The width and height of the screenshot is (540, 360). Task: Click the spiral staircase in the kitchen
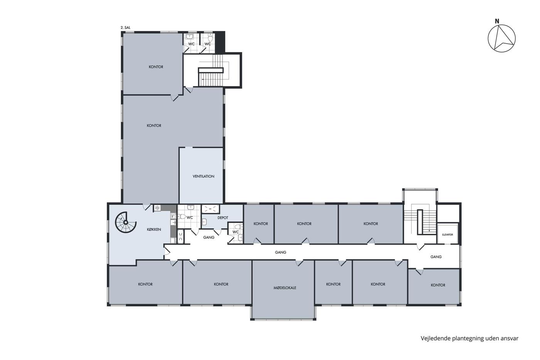[x=125, y=222]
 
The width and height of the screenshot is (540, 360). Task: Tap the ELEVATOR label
[x=448, y=235]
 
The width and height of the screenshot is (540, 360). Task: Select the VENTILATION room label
[x=204, y=176]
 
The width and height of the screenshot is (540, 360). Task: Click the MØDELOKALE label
[x=285, y=288]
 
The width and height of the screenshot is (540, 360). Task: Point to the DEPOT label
[x=223, y=218]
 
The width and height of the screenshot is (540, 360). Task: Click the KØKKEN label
[x=154, y=229]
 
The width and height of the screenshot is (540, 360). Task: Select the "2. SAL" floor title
[x=125, y=28]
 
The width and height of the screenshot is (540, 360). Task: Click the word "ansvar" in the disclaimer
[x=510, y=338]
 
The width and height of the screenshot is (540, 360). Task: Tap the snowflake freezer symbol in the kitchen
[x=157, y=208]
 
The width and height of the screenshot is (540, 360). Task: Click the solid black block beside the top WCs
[x=220, y=42]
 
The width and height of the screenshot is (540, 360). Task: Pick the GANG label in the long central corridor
[x=280, y=252]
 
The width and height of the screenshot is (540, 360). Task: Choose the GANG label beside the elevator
[x=436, y=257]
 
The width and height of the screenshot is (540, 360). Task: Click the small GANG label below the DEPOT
[x=209, y=237]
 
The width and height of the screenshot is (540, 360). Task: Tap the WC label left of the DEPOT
[x=190, y=218]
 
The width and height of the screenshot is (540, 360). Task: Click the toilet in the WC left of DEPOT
[x=182, y=216]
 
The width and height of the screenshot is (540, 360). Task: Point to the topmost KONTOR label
[x=156, y=67]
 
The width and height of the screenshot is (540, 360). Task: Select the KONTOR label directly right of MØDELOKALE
[x=333, y=284]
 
